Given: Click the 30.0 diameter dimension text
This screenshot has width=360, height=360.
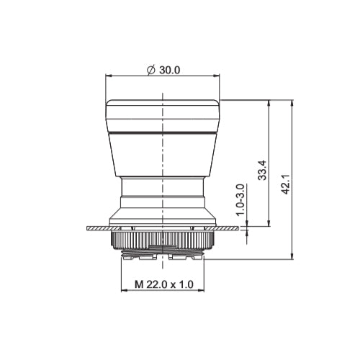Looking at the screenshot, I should pyautogui.click(x=169, y=70).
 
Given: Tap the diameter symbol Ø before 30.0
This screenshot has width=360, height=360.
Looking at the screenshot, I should pyautogui.click(x=150, y=70).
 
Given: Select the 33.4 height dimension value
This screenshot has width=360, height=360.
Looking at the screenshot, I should pyautogui.click(x=264, y=171).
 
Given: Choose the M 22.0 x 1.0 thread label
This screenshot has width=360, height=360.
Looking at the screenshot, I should pyautogui.click(x=163, y=285).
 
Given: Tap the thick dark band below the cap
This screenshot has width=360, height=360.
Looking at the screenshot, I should pyautogui.click(x=163, y=134).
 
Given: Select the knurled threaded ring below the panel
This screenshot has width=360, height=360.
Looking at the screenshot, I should pyautogui.click(x=163, y=240).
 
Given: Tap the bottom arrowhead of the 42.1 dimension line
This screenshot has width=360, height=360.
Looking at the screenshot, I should pyautogui.click(x=292, y=256).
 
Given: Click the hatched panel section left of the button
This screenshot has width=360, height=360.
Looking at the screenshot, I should pyautogui.click(x=97, y=228).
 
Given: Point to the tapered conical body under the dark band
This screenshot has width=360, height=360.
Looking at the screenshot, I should pyautogui.click(x=163, y=158).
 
